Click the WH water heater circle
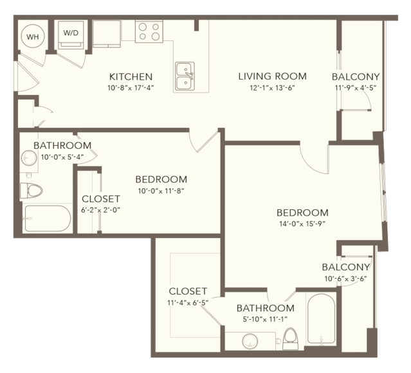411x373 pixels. pyautogui.click(x=33, y=37)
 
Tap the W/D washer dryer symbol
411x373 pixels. pyautogui.click(x=71, y=35)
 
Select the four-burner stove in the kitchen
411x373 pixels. pyautogui.click(x=149, y=31)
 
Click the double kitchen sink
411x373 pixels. pyautogui.click(x=185, y=76)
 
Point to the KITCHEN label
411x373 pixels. pyautogui.click(x=131, y=76)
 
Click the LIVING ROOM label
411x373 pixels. pyautogui.click(x=272, y=76)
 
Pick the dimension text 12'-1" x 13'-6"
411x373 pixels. pyautogui.click(x=272, y=87)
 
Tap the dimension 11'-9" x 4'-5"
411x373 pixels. pyautogui.click(x=356, y=87)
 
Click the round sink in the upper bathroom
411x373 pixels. pyautogui.click(x=29, y=158)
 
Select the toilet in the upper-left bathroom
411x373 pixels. pyautogui.click(x=31, y=190)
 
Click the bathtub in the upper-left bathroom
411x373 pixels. pyautogui.click(x=47, y=218)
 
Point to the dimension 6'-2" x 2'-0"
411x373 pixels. pyautogui.click(x=100, y=210)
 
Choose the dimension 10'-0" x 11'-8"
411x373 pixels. pyautogui.click(x=161, y=191)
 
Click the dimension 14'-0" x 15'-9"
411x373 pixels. pyautogui.click(x=302, y=224)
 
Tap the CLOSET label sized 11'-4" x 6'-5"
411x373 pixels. pyautogui.click(x=188, y=291)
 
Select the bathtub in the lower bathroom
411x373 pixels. pyautogui.click(x=321, y=318)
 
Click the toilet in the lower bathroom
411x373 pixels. pyautogui.click(x=291, y=339)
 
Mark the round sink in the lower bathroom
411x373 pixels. pyautogui.click(x=250, y=341)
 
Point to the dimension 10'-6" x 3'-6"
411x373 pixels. pyautogui.click(x=345, y=279)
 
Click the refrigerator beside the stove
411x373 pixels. pyautogui.click(x=107, y=34)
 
